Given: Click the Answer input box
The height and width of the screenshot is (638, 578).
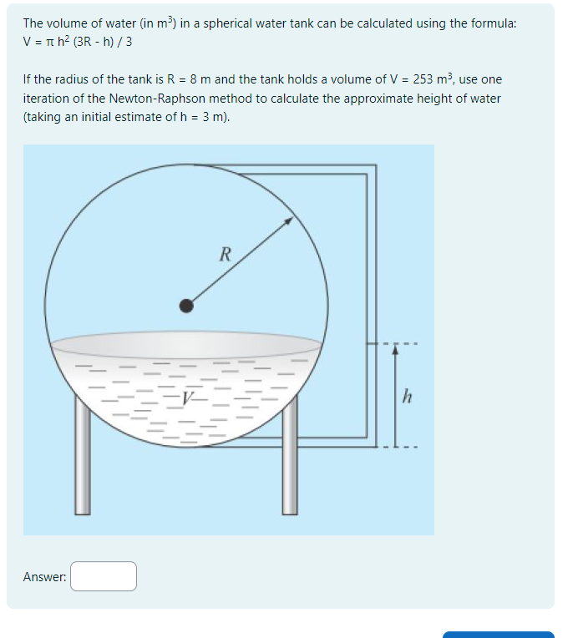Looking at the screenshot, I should click(104, 576).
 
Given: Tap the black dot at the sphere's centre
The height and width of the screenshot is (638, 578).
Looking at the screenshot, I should click(187, 306).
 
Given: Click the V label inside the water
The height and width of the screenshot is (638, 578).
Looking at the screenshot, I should click(192, 400).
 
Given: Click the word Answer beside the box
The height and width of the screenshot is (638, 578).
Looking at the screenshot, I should click(44, 577).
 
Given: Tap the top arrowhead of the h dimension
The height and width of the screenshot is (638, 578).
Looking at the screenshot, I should click(396, 351).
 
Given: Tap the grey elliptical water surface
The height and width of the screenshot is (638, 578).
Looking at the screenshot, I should click(186, 344).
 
